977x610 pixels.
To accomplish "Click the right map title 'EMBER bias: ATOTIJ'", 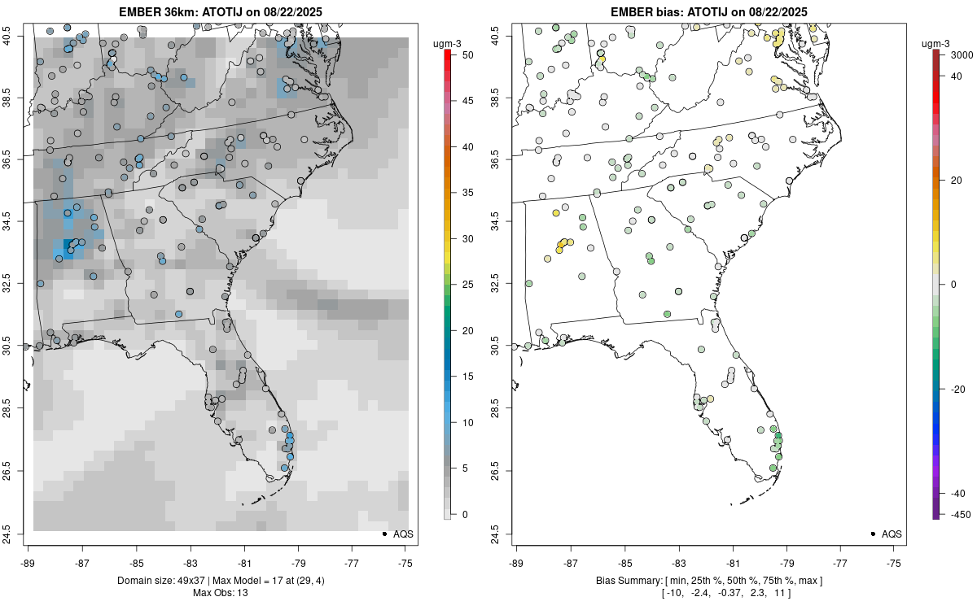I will pyautogui.click(x=709, y=11).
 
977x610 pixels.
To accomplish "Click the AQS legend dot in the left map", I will pyautogui.click(x=383, y=534).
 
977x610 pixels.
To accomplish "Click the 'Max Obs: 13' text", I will pyautogui.click(x=221, y=592).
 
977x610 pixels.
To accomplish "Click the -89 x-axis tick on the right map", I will pyautogui.click(x=516, y=562).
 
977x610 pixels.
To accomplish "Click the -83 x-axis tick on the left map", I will pyautogui.click(x=190, y=562).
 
